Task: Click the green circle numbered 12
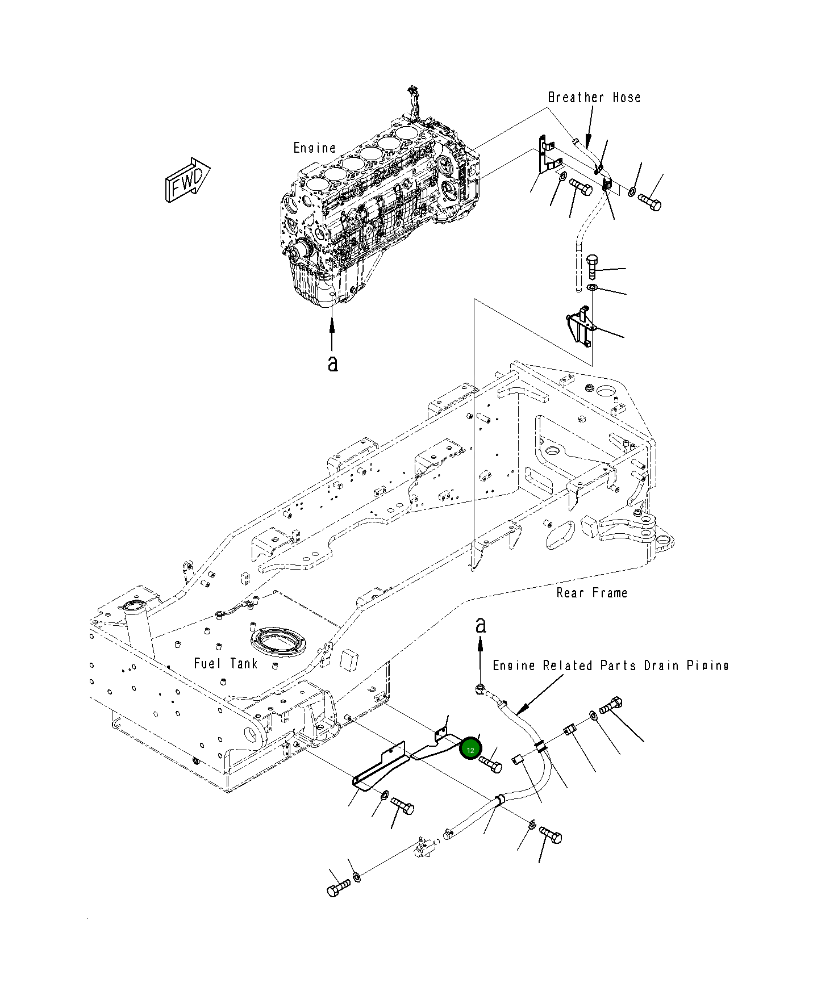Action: pos(470,750)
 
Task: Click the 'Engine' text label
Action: pos(314,148)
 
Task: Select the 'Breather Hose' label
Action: pos(594,98)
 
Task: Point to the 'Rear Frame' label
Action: pos(591,593)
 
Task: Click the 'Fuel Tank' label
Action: pos(226,663)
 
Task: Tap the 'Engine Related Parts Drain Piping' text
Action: pos(610,666)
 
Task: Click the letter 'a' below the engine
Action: pos(332,363)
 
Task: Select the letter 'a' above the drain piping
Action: pos(481,625)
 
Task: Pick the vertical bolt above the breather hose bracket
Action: pos(592,265)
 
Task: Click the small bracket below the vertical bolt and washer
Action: pos(579,327)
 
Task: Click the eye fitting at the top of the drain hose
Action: pos(481,689)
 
